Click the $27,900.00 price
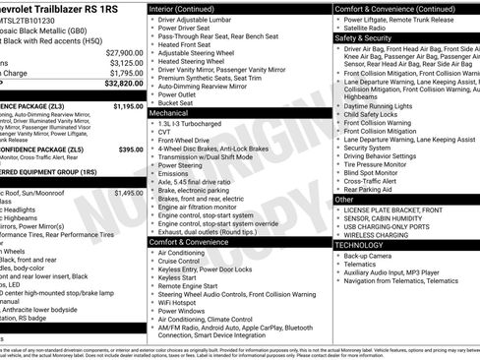tap(124, 52)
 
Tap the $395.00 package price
tap(131, 150)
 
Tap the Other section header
tap(344, 199)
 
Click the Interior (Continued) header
tap(189, 8)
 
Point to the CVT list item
tap(164, 134)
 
